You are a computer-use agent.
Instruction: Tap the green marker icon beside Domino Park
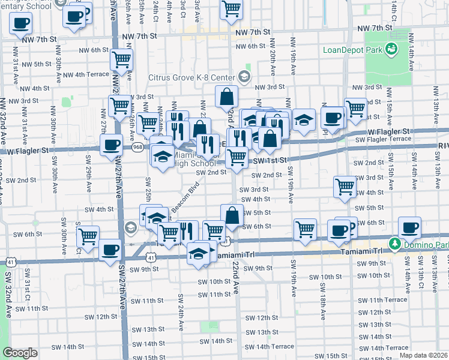[x=394, y=244]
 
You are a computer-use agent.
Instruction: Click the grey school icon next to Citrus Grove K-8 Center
[x=244, y=76]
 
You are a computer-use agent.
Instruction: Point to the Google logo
[x=20, y=353]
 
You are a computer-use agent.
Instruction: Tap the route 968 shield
[x=138, y=146]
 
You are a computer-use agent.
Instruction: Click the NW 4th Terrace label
[x=85, y=74]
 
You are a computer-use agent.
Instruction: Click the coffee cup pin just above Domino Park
[x=411, y=228]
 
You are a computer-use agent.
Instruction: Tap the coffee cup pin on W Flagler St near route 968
[x=112, y=145]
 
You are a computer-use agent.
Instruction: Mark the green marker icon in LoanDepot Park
[x=391, y=49]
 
